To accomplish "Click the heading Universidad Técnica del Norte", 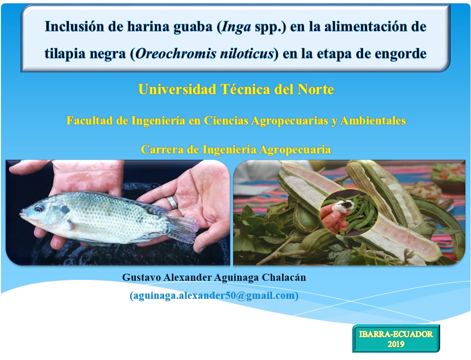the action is point(236,89).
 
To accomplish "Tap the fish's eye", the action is point(39,207).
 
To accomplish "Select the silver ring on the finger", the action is point(172,202).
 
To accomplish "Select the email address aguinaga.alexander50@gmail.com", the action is point(214,296).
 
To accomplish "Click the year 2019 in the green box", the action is point(396,344).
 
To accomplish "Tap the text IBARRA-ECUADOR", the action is point(396,334).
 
